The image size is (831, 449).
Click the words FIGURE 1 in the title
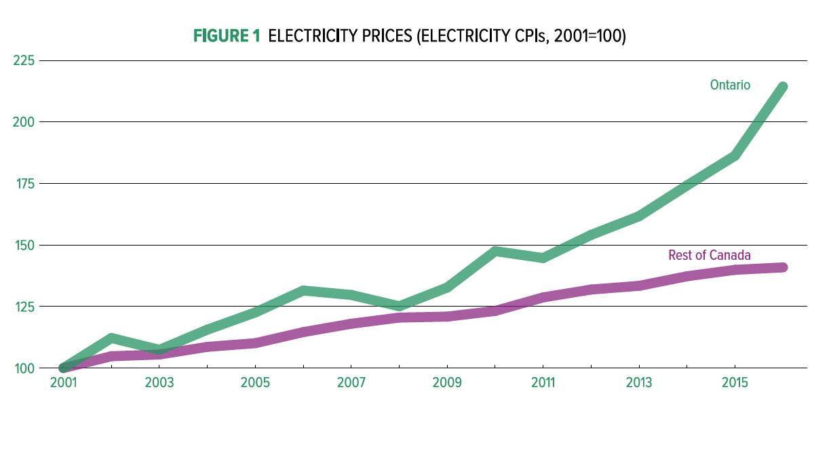(x=227, y=37)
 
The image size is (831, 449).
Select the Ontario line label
(x=730, y=85)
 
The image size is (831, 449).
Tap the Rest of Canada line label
(x=710, y=255)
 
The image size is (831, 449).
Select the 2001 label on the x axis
(x=63, y=383)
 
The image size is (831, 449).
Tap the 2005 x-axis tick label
(x=255, y=383)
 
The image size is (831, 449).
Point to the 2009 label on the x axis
(x=447, y=383)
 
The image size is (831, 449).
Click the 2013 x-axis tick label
(x=639, y=383)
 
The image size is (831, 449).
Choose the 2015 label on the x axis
(x=735, y=383)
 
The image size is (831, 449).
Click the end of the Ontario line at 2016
(x=783, y=87)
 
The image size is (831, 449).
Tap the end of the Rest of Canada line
(x=783, y=267)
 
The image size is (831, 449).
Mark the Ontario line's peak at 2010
(x=495, y=252)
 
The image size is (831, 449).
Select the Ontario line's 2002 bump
(x=111, y=338)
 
